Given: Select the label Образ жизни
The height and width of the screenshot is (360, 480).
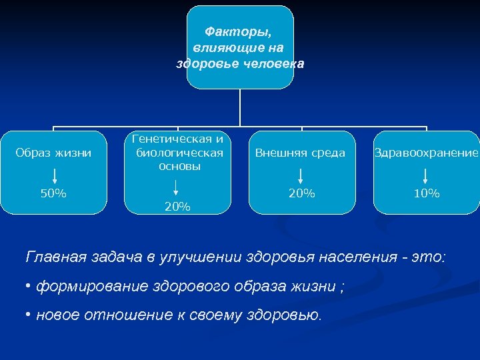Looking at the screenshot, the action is pyautogui.click(x=53, y=153).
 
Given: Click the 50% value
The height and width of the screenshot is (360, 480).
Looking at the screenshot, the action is pyautogui.click(x=53, y=194).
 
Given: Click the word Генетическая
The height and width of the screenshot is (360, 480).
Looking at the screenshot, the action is pyautogui.click(x=178, y=139).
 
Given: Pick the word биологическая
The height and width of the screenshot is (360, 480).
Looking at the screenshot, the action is pyautogui.click(x=178, y=153).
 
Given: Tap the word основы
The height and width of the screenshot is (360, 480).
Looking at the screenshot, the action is pyautogui.click(x=178, y=165).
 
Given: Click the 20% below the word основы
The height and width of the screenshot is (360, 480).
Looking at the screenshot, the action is pyautogui.click(x=177, y=207).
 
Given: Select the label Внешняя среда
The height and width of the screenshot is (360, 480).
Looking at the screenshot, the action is pyautogui.click(x=300, y=153).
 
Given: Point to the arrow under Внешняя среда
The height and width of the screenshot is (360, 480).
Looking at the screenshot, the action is pyautogui.click(x=301, y=176).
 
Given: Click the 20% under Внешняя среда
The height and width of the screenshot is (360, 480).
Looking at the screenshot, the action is pyautogui.click(x=301, y=194).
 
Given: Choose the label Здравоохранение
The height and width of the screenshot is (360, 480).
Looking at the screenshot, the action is pyautogui.click(x=426, y=153).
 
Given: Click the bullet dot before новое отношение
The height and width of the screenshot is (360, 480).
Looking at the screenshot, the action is pyautogui.click(x=29, y=314).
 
